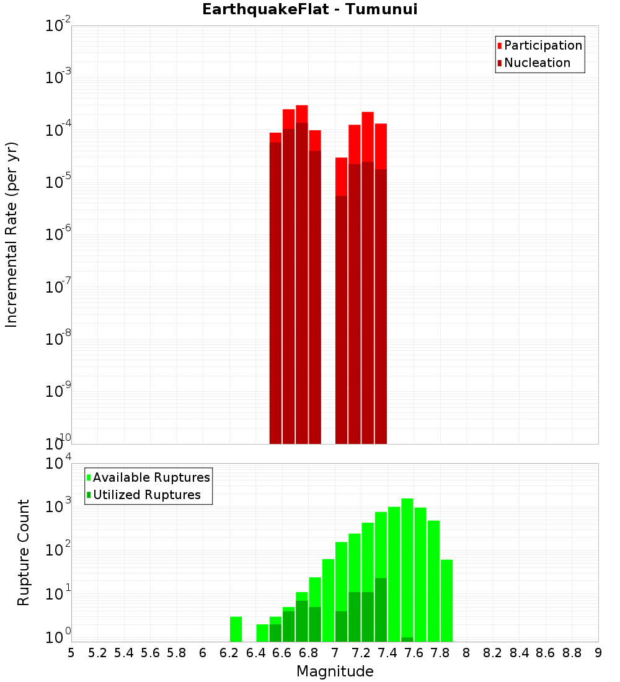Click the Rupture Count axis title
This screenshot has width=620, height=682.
(24, 552)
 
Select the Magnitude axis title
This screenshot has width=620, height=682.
(335, 671)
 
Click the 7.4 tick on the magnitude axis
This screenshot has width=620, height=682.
(387, 653)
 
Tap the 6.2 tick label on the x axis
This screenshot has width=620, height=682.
(229, 653)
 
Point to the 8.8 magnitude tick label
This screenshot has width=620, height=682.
(572, 653)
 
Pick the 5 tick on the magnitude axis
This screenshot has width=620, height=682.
(71, 653)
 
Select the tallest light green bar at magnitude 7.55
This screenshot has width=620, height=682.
(407, 558)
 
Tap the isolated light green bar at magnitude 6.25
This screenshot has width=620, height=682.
(236, 629)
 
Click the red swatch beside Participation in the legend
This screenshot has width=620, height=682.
(499, 46)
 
